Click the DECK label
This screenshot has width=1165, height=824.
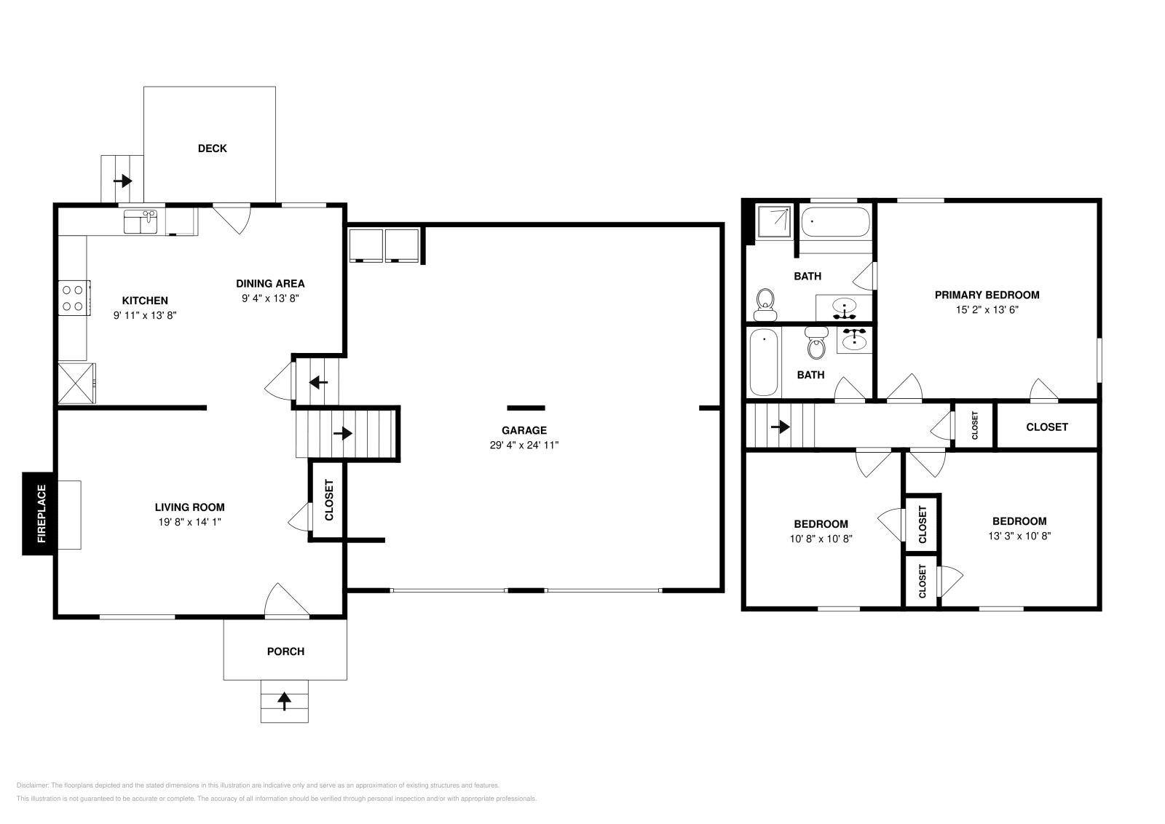[212, 148]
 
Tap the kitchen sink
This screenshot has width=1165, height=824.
[141, 222]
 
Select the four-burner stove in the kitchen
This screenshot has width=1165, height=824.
[74, 298]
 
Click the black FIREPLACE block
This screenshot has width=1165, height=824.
[38, 514]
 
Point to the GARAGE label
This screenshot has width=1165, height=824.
[524, 430]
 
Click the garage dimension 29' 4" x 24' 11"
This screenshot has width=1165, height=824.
[524, 445]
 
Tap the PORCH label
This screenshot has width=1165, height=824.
[285, 651]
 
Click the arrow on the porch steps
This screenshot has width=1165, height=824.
[284, 701]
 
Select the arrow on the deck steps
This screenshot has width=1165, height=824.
[123, 181]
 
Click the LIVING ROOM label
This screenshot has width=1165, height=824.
[190, 507]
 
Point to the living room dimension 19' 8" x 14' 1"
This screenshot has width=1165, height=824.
[190, 522]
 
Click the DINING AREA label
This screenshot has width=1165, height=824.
[270, 284]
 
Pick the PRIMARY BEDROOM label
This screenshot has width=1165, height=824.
[987, 296]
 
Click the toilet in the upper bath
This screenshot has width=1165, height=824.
[765, 305]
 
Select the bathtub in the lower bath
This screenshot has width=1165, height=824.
[764, 363]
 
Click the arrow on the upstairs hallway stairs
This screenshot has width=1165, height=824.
[780, 427]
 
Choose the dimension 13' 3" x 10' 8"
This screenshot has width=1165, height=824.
[1019, 536]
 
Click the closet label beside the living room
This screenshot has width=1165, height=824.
[328, 500]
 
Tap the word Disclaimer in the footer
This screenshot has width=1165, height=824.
[33, 785]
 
